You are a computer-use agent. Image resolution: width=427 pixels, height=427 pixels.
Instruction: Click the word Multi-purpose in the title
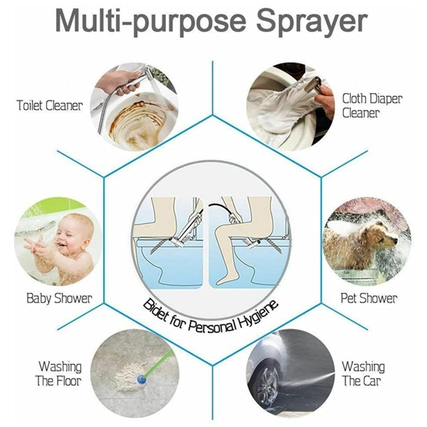[151, 22]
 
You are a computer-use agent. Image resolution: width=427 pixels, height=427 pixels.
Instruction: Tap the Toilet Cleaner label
[49, 105]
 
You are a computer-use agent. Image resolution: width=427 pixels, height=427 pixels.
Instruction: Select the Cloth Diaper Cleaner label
[372, 105]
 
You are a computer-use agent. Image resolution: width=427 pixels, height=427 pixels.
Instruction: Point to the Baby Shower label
[59, 298]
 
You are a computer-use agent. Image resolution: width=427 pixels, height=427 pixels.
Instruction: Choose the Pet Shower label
[369, 298]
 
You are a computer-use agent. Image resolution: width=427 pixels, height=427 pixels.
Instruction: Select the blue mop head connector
[140, 380]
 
